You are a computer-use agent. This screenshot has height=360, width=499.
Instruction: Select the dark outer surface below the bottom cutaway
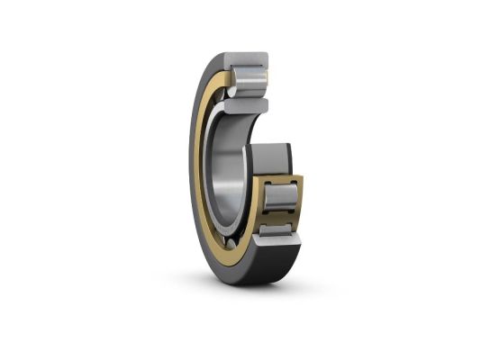(279, 270)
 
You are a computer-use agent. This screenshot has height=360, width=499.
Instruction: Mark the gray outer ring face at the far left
(195, 171)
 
